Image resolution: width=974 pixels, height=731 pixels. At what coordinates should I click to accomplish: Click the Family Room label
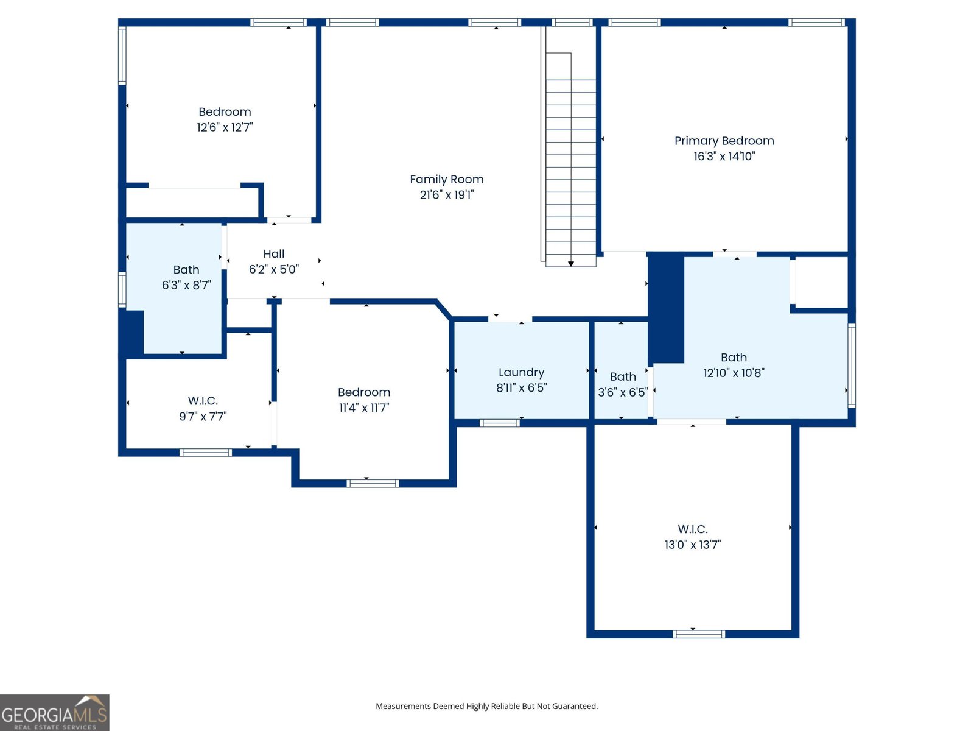[446, 179]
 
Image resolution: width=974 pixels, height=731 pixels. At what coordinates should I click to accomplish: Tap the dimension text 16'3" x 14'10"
[724, 157]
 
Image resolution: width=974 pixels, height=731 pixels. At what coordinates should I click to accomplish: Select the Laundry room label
[521, 372]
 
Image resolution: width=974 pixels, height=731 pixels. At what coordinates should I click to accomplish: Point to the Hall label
[273, 253]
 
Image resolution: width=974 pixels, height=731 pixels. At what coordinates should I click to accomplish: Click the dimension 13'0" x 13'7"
[692, 545]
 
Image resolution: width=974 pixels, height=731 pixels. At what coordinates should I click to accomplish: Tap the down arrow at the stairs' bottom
[571, 263]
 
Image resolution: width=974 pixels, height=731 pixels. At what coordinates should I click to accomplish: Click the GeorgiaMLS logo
[54, 713]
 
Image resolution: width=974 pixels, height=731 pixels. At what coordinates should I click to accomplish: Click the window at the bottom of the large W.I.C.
[698, 634]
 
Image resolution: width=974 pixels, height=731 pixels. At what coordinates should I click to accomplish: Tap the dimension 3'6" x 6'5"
[622, 392]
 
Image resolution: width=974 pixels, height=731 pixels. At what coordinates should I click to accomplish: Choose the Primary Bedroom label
[724, 141]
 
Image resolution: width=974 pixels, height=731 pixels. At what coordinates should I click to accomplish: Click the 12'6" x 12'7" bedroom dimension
[225, 127]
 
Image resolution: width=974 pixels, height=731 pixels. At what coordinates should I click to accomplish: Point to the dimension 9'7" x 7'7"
[203, 417]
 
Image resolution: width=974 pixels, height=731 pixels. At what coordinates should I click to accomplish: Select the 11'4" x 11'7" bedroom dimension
[363, 408]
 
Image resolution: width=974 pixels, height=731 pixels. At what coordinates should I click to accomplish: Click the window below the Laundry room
[499, 423]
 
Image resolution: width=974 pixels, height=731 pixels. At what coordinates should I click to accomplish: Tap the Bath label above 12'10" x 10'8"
[734, 358]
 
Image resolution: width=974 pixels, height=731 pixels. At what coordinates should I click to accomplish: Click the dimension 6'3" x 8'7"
[186, 285]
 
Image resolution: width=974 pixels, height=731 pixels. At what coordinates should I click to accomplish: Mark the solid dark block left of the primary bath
[666, 308]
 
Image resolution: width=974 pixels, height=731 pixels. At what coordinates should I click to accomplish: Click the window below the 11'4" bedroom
[373, 484]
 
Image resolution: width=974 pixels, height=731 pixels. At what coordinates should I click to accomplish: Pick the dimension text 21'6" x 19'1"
[446, 195]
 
